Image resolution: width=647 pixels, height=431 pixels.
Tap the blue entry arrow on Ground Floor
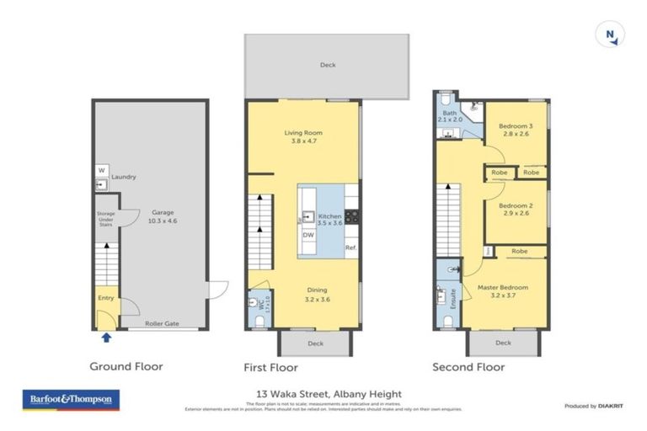coord(106,338)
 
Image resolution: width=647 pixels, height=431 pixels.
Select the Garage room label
coord(163,216)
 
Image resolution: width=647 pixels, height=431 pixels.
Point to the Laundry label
coord(123,177)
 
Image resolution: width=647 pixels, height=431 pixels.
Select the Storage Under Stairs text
coord(105,219)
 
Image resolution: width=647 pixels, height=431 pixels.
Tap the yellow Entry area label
coord(105,297)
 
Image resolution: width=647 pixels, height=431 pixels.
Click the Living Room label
coord(302,137)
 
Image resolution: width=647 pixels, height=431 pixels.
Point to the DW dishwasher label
coord(308,235)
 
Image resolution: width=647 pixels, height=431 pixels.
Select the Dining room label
coord(318,293)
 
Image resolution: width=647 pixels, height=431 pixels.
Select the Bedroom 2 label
coord(514,210)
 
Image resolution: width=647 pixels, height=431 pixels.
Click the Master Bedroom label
coord(502,290)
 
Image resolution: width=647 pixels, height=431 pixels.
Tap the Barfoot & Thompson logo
coord(71,398)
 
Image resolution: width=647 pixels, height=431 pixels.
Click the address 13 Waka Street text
coord(329,393)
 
